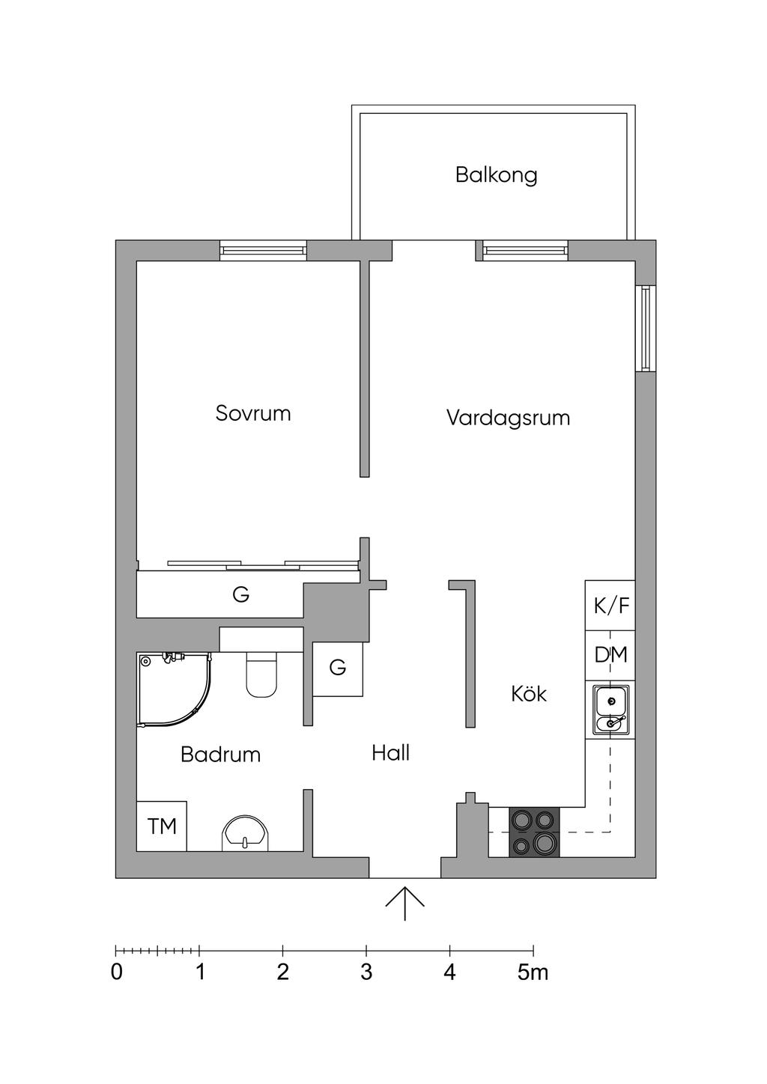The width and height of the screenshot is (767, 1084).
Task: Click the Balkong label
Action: click(497, 174)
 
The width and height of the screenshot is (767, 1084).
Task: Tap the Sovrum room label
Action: click(252, 413)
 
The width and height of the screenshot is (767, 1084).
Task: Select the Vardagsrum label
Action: click(508, 418)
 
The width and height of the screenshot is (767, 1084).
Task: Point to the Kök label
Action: click(529, 694)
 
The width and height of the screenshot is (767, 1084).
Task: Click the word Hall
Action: click(391, 753)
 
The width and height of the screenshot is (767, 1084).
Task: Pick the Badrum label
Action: click(220, 755)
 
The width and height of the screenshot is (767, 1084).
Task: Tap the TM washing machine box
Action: click(162, 826)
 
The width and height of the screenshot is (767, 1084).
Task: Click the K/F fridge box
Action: click(610, 605)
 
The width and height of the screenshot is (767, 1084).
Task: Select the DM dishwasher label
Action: click(610, 655)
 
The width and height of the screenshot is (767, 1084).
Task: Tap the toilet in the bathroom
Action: click(261, 674)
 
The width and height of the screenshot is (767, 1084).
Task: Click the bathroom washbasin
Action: click(245, 833)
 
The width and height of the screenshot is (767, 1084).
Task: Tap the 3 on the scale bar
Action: click(366, 972)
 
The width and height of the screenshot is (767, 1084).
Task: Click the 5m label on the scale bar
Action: click(533, 972)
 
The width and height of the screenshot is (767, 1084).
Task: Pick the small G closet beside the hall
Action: click(338, 669)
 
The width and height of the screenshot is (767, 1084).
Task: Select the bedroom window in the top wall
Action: click(263, 250)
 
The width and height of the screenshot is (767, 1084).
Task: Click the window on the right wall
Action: click(646, 328)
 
